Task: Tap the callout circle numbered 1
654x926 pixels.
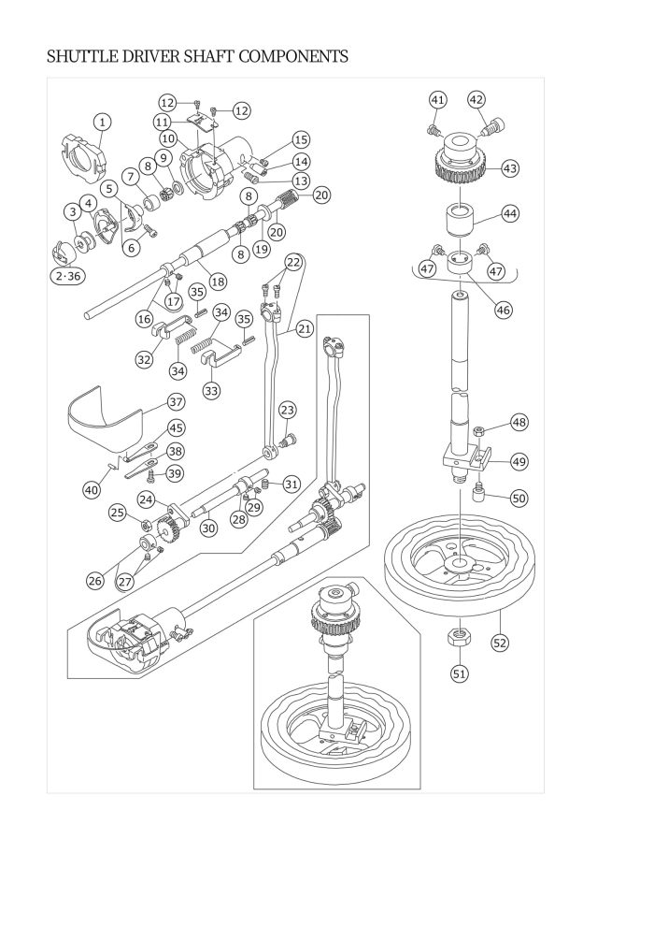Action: tap(102, 122)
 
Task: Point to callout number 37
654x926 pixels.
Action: tap(176, 401)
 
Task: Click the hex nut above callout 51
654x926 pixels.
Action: tap(459, 637)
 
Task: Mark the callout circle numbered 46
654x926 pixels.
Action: tap(505, 310)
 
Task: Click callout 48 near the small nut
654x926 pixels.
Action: tap(519, 422)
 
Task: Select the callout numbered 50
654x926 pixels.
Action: tap(519, 499)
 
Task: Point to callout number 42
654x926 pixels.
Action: tap(476, 100)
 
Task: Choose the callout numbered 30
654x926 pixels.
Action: tap(208, 528)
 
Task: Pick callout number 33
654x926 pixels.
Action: tap(213, 389)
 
